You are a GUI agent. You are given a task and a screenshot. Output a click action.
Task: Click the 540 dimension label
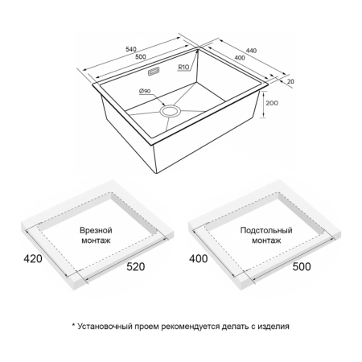[131, 49]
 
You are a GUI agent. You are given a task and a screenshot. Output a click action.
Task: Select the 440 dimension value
[251, 51]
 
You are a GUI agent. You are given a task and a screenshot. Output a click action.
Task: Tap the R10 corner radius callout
[183, 67]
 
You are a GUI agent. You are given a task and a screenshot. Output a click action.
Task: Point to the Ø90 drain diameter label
[145, 91]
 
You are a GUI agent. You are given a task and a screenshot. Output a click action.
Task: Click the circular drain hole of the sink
[170, 111]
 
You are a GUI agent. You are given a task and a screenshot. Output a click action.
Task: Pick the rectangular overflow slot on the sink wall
[154, 72]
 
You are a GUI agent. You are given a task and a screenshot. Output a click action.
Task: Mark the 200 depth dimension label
[272, 103]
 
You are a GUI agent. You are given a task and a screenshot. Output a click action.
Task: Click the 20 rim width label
[290, 81]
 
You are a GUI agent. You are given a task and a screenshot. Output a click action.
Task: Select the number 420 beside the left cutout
[33, 259]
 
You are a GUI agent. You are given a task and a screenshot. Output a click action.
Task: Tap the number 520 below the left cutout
[136, 266]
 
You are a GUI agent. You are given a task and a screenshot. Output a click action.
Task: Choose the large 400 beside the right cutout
[199, 259]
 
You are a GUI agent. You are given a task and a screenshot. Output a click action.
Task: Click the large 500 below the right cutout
[302, 266]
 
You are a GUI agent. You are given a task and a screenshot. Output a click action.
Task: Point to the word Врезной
[96, 230]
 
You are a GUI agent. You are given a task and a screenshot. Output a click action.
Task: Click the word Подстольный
[266, 230]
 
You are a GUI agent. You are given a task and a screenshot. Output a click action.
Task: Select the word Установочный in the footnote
[105, 327]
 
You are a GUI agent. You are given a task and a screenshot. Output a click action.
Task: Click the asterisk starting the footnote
[73, 325]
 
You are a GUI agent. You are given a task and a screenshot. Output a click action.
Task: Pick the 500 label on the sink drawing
[141, 57]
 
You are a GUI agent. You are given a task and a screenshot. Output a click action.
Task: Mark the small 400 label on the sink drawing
[240, 58]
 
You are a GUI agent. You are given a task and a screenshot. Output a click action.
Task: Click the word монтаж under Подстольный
[266, 241]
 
